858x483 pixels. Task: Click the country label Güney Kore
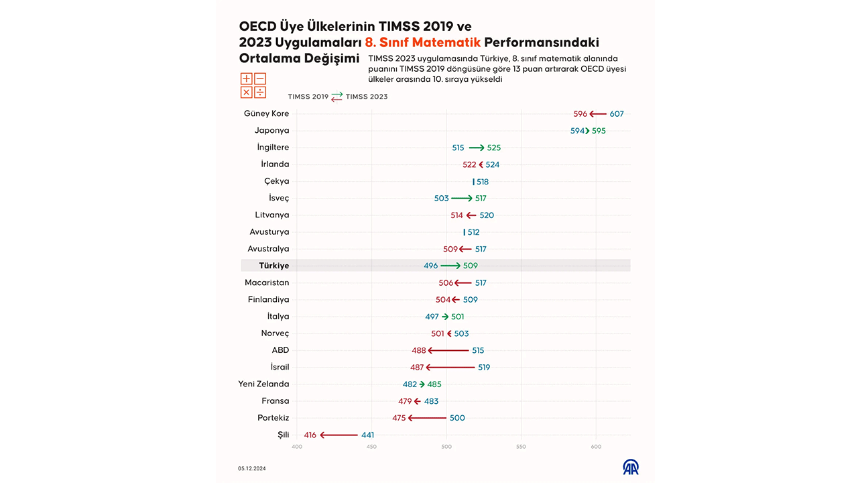tap(266, 114)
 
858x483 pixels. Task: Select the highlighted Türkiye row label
tap(273, 266)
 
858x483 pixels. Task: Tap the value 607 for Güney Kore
tap(617, 114)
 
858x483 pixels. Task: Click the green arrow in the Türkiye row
tap(450, 266)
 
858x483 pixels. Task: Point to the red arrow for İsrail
tap(450, 367)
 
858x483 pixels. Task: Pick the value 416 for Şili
tap(310, 435)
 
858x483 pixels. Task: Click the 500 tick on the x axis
tap(446, 446)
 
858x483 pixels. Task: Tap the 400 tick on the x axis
tap(297, 446)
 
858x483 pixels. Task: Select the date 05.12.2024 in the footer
tap(251, 468)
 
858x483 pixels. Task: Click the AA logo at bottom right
tap(631, 467)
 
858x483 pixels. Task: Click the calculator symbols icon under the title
tap(253, 86)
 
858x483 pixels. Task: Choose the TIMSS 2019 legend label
tap(308, 97)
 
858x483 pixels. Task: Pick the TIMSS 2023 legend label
tap(367, 97)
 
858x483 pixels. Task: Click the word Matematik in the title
tap(447, 42)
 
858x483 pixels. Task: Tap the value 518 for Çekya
tap(483, 182)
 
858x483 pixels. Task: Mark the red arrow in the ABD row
tap(448, 350)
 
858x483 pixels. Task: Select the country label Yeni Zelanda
tap(263, 384)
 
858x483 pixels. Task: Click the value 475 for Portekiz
tap(399, 418)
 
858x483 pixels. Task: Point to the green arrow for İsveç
tap(461, 199)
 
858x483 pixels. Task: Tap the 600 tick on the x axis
tap(596, 446)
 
